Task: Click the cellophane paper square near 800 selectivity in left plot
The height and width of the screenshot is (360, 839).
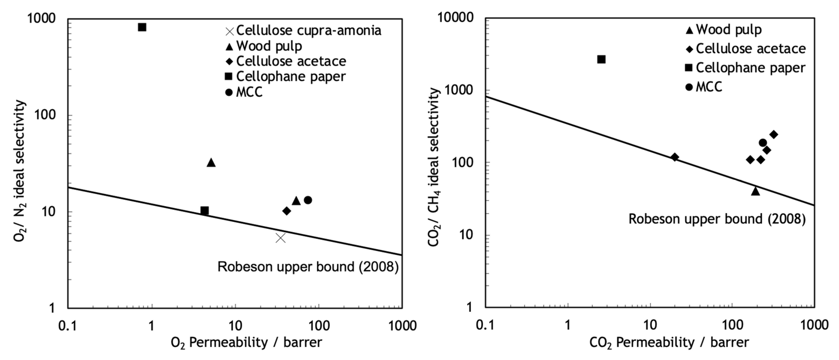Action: (142, 27)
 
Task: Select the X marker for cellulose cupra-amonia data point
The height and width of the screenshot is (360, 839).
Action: (280, 238)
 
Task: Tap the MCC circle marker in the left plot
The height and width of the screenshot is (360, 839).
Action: (308, 200)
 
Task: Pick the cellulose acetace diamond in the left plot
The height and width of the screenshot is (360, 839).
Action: (287, 211)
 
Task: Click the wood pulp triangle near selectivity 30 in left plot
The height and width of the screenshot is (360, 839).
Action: (211, 163)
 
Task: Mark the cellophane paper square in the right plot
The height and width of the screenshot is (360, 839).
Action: (601, 59)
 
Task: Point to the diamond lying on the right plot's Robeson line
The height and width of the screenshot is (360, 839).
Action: (675, 157)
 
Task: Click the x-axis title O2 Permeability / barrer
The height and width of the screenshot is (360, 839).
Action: (247, 343)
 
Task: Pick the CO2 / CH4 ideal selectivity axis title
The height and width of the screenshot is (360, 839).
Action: (434, 168)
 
